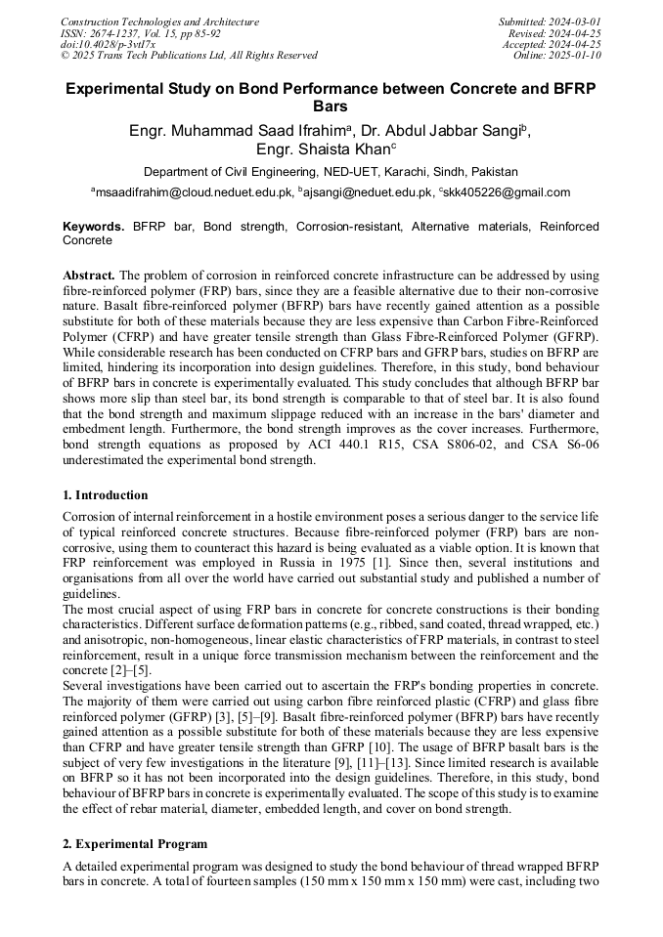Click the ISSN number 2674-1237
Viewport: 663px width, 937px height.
122,33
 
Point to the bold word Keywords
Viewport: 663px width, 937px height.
93,227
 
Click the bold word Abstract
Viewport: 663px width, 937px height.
89,276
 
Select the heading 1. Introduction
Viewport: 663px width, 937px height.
106,495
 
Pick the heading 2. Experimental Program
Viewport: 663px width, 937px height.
135,844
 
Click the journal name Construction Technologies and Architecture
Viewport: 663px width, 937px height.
160,21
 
